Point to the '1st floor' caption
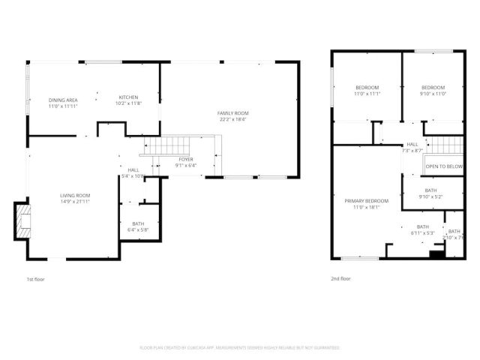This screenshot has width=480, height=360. (x=36, y=278)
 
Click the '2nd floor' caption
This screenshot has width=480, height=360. (x=340, y=278)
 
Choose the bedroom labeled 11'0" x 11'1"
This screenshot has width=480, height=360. (x=367, y=89)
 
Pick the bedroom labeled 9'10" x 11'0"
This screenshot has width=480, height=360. (x=433, y=89)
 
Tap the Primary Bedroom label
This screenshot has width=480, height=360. (x=367, y=202)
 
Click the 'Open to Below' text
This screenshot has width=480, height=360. (x=445, y=166)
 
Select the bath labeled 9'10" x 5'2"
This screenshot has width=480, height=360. (x=430, y=193)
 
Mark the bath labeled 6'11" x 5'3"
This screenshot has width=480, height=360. (x=423, y=229)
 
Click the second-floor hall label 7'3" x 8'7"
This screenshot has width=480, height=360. (x=412, y=147)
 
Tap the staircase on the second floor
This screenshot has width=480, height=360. (x=444, y=144)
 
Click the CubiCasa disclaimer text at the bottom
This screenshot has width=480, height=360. (x=240, y=347)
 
